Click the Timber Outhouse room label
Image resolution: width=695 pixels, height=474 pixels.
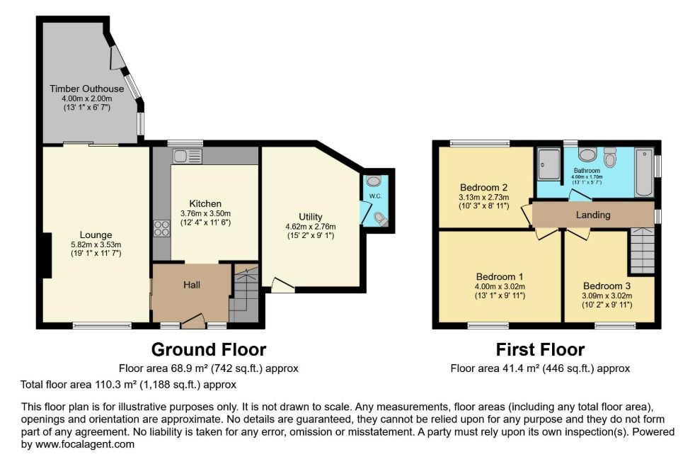pyautogui.click(x=87, y=89)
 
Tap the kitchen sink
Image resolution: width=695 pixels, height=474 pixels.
pyautogui.click(x=188, y=156)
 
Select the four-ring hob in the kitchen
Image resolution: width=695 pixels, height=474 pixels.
pyautogui.click(x=161, y=229)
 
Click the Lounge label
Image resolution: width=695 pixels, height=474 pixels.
pyautogui.click(x=96, y=235)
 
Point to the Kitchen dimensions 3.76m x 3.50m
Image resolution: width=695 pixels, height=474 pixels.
pyautogui.click(x=205, y=213)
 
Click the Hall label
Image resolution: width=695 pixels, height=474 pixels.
pyautogui.click(x=192, y=285)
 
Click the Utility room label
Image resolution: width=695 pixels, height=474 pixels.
pyautogui.click(x=310, y=217)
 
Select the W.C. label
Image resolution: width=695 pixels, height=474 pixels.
pyautogui.click(x=375, y=196)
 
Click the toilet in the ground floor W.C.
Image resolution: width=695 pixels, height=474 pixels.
pyautogui.click(x=380, y=218)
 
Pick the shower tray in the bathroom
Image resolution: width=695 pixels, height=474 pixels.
pyautogui.click(x=549, y=164)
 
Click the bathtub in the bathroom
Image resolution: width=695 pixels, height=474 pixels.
pyautogui.click(x=644, y=172)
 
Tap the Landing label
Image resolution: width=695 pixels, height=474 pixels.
pyautogui.click(x=593, y=215)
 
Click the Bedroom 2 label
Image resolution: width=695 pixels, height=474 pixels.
pyautogui.click(x=483, y=188)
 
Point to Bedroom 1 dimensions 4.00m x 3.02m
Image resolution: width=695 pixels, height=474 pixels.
pyautogui.click(x=500, y=287)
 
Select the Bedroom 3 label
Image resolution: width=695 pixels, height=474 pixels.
pyautogui.click(x=607, y=286)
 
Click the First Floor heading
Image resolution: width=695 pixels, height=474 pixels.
pyautogui.click(x=540, y=350)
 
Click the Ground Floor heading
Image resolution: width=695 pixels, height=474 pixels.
pyautogui.click(x=209, y=350)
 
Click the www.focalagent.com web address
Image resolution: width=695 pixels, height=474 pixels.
pyautogui.click(x=85, y=444)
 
